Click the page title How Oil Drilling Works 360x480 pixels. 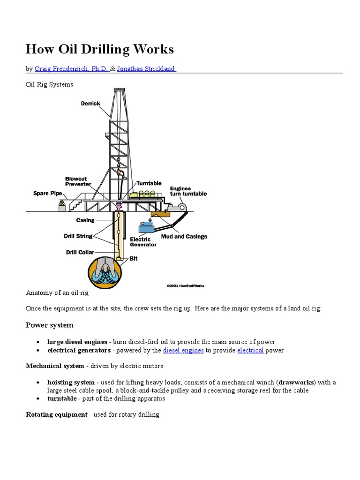click(99, 49)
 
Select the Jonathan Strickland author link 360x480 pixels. click(146, 69)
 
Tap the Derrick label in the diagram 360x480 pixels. click(90, 103)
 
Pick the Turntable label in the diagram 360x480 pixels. click(149, 183)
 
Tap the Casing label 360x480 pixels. click(85, 220)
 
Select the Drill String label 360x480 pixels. click(78, 236)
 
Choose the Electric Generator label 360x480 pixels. click(140, 242)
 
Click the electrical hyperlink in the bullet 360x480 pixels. click(250, 350)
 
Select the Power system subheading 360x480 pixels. click(50, 325)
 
